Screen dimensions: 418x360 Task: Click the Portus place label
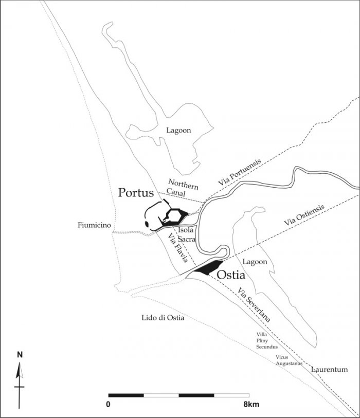pos(136,193)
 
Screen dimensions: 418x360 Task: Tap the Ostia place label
pos(230,275)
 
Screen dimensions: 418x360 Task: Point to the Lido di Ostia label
pos(163,318)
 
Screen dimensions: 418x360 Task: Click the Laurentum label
pos(327,369)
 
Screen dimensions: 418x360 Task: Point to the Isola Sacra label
pos(187,235)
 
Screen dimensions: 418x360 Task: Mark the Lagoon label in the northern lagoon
pos(178,131)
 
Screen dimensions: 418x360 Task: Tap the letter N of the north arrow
pos(20,354)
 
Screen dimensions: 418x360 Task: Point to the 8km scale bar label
pos(252,404)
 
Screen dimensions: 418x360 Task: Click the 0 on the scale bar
pos(109,404)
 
